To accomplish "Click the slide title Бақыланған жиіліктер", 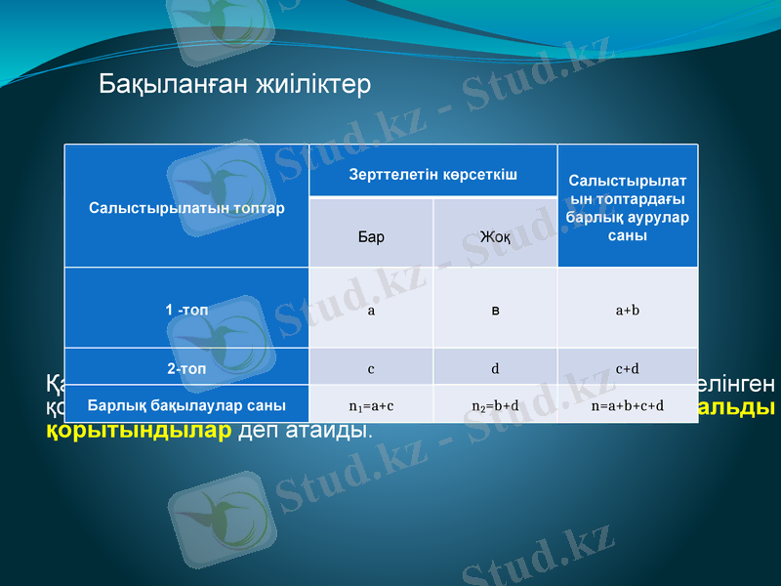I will click(234, 85).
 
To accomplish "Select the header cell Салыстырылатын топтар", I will click(186, 208).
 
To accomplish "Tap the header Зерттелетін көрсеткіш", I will click(432, 172).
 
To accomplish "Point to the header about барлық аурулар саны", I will click(628, 208).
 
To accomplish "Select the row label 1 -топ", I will click(186, 310).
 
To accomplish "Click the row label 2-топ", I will click(186, 369).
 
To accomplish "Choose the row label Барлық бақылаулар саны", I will click(186, 404).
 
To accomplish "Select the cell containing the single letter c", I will click(371, 369).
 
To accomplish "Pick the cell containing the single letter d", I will click(495, 369).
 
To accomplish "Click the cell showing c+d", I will click(628, 369).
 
